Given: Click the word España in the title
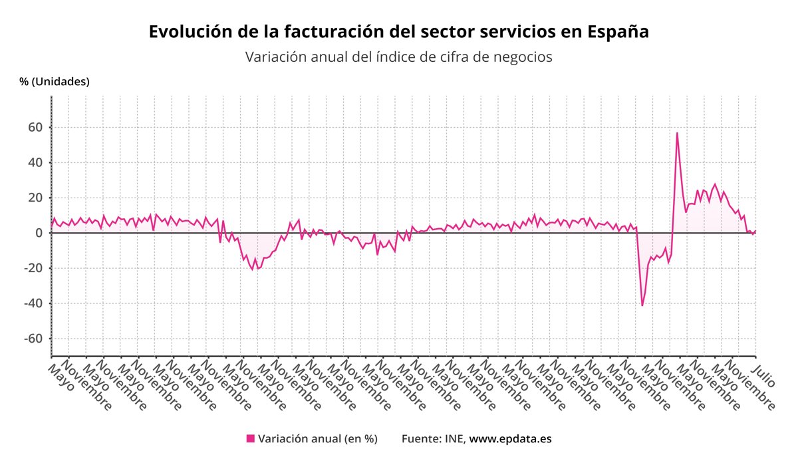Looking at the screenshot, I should coord(618,31).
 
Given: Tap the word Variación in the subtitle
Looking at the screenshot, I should coord(273,57).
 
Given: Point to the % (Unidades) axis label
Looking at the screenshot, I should coord(54,82).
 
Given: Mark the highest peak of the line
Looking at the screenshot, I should coord(677,132).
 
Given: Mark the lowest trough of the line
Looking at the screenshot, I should coord(642,305).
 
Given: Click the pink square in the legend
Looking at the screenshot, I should coord(251,438).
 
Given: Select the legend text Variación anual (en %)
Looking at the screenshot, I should coord(317,438).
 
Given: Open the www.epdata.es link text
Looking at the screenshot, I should coord(510,438).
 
